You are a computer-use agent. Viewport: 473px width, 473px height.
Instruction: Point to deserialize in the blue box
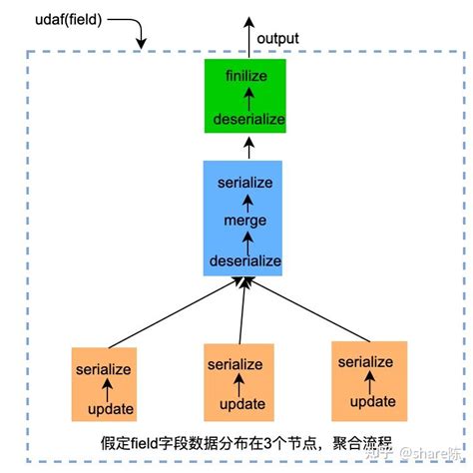(x=244, y=260)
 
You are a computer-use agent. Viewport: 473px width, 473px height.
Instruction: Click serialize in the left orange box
(x=104, y=369)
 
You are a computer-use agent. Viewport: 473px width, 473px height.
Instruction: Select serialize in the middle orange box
(x=236, y=365)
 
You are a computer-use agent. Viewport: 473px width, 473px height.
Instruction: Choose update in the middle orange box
(x=237, y=404)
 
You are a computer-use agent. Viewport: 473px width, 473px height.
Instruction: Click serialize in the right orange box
(x=364, y=362)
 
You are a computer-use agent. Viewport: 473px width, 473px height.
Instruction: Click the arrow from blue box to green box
(x=244, y=148)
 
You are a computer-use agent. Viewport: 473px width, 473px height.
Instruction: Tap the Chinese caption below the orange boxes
(x=239, y=442)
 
